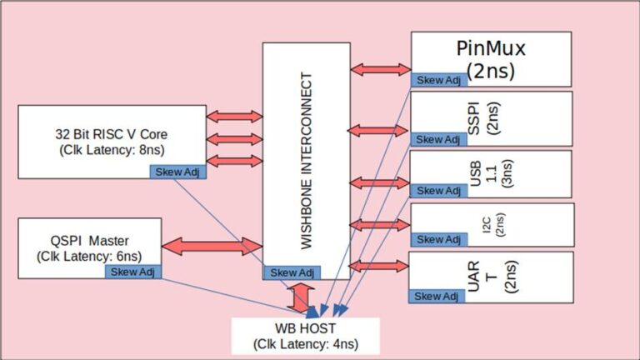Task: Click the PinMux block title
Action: pos(491,47)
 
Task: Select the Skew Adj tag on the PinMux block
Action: pos(432,79)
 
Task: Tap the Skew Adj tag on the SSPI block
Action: pos(432,139)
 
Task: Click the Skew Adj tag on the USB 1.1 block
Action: pos(432,191)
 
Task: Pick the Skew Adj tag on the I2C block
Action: pos(432,239)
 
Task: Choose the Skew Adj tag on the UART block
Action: pos(432,296)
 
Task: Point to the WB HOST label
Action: pos(304,327)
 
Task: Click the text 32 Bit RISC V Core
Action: pos(107,135)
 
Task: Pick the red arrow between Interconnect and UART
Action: pos(379,266)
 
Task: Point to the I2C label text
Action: pos(487,225)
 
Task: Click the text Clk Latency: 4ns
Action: pos(304,342)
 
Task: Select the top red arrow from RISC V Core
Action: pos(234,117)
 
